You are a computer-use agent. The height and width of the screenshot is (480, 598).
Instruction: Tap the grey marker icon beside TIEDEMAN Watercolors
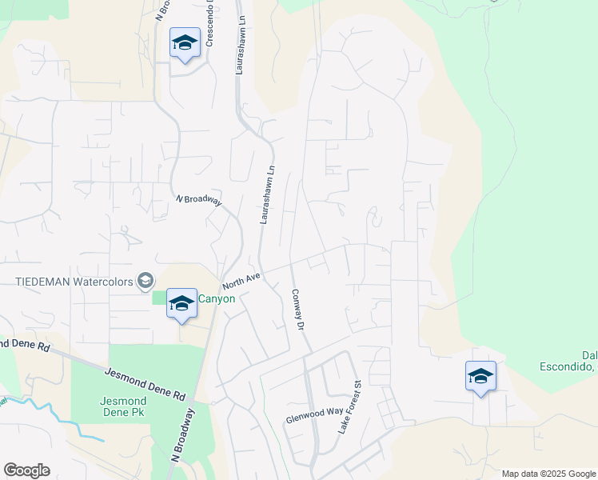click(145, 280)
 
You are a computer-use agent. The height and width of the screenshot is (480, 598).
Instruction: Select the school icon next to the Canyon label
click(181, 304)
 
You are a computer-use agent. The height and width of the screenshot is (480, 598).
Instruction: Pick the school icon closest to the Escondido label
click(480, 376)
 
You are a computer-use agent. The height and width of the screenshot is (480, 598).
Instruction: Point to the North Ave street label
click(242, 281)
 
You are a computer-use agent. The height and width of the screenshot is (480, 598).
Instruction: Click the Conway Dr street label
click(299, 310)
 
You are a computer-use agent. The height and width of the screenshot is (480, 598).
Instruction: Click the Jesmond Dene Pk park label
click(123, 406)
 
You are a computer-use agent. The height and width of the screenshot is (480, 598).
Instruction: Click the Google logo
click(26, 470)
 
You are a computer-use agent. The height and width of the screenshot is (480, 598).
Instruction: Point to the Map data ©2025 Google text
click(549, 474)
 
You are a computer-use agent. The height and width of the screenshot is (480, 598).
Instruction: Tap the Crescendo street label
click(211, 24)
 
